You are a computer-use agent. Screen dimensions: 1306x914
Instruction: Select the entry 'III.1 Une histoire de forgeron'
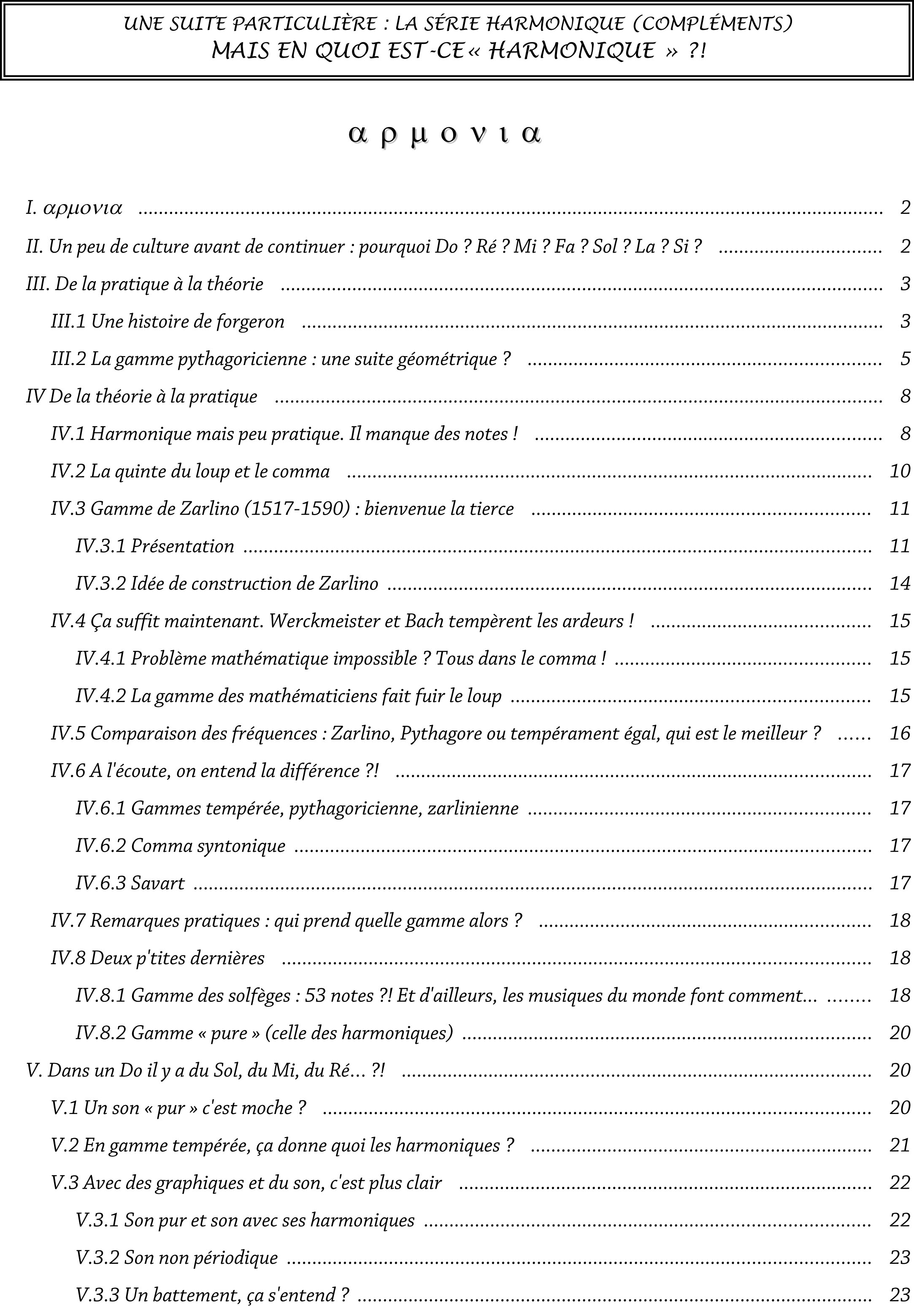pos(168,322)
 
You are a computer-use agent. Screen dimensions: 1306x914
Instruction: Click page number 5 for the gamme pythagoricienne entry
pos(905,359)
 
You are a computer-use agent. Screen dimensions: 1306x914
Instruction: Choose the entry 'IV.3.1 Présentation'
pos(155,546)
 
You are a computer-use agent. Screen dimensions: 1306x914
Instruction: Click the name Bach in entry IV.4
pos(424,621)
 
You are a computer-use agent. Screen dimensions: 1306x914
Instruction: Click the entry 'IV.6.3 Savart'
pos(130,883)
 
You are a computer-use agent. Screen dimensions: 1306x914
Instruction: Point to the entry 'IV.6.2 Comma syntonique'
pos(180,846)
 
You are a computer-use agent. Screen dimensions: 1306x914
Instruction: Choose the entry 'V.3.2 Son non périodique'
pos(177,1257)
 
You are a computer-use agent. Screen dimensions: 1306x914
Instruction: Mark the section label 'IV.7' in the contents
pos(68,921)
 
